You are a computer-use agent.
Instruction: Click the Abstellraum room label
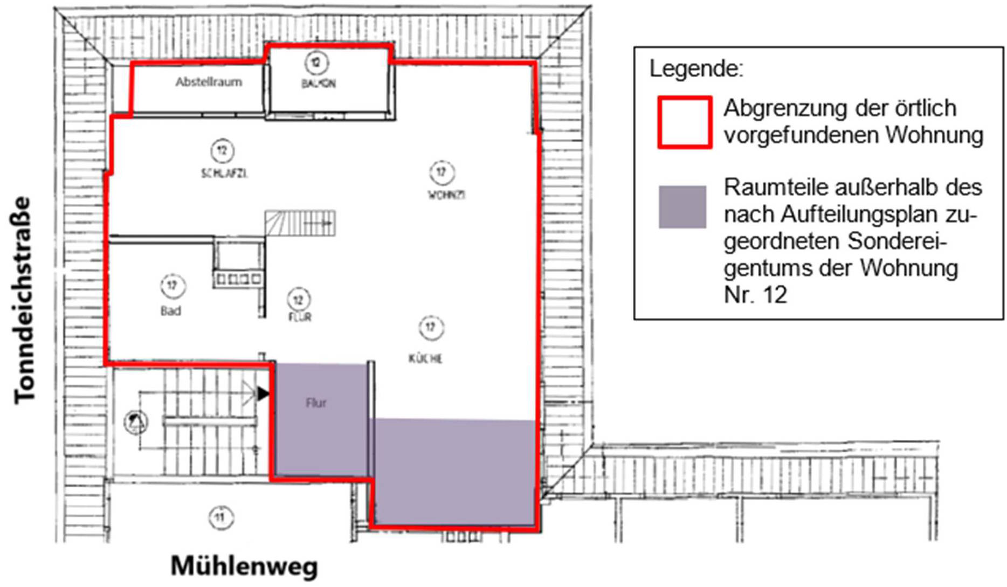[209, 82]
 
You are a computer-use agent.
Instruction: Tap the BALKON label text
[319, 84]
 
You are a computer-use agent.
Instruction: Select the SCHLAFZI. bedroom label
[224, 174]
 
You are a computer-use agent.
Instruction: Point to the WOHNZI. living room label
[446, 195]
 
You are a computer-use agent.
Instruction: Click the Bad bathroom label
[170, 311]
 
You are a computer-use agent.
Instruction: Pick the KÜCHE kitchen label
[425, 358]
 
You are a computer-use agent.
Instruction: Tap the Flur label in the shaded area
[316, 403]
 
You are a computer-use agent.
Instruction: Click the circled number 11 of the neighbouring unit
[221, 517]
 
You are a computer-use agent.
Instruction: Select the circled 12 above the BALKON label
[316, 63]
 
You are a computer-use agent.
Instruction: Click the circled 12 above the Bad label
[172, 286]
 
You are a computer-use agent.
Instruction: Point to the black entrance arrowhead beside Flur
[263, 393]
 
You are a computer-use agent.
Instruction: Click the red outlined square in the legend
[685, 122]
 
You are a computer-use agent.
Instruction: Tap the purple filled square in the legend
[682, 207]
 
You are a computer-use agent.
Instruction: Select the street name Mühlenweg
[244, 566]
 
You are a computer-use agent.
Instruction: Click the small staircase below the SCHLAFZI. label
[300, 223]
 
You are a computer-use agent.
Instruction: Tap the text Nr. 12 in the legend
[756, 295]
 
